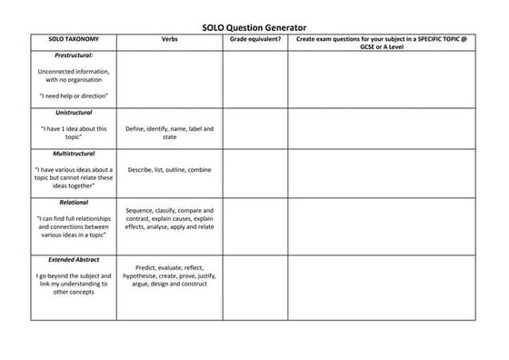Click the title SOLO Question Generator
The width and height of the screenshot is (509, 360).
[x=254, y=28]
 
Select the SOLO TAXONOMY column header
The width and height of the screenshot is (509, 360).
[x=74, y=41]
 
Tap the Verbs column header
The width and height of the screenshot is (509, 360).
[x=170, y=41]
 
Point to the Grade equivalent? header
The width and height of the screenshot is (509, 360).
[x=255, y=41]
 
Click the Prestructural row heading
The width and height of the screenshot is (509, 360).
[x=74, y=56]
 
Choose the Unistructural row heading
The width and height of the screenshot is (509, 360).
[x=74, y=113]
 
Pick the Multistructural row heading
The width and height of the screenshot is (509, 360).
[x=74, y=154]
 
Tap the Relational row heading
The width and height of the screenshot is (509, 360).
[x=74, y=202]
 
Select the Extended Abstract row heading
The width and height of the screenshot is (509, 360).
[x=74, y=260]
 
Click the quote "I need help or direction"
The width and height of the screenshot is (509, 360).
[x=74, y=95]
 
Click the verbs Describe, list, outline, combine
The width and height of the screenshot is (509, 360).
[x=170, y=170]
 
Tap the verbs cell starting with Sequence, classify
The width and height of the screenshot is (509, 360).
[x=170, y=218]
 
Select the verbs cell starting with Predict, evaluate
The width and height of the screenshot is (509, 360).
[x=170, y=275]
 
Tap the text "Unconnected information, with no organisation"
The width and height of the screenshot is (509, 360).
[x=74, y=75]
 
